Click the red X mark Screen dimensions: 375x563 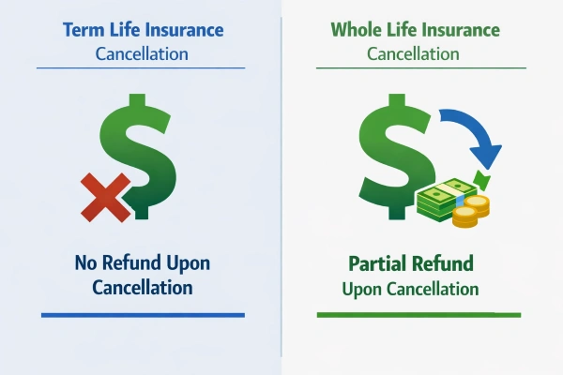tap(106, 196)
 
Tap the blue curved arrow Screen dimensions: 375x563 tap(473, 132)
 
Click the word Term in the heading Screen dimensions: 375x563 tap(83, 29)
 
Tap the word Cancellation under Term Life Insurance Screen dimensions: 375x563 tap(142, 53)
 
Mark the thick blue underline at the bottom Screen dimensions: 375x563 tap(142, 314)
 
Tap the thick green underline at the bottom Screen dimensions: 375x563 tap(418, 314)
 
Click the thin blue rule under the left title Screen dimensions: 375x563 tap(142, 67)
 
